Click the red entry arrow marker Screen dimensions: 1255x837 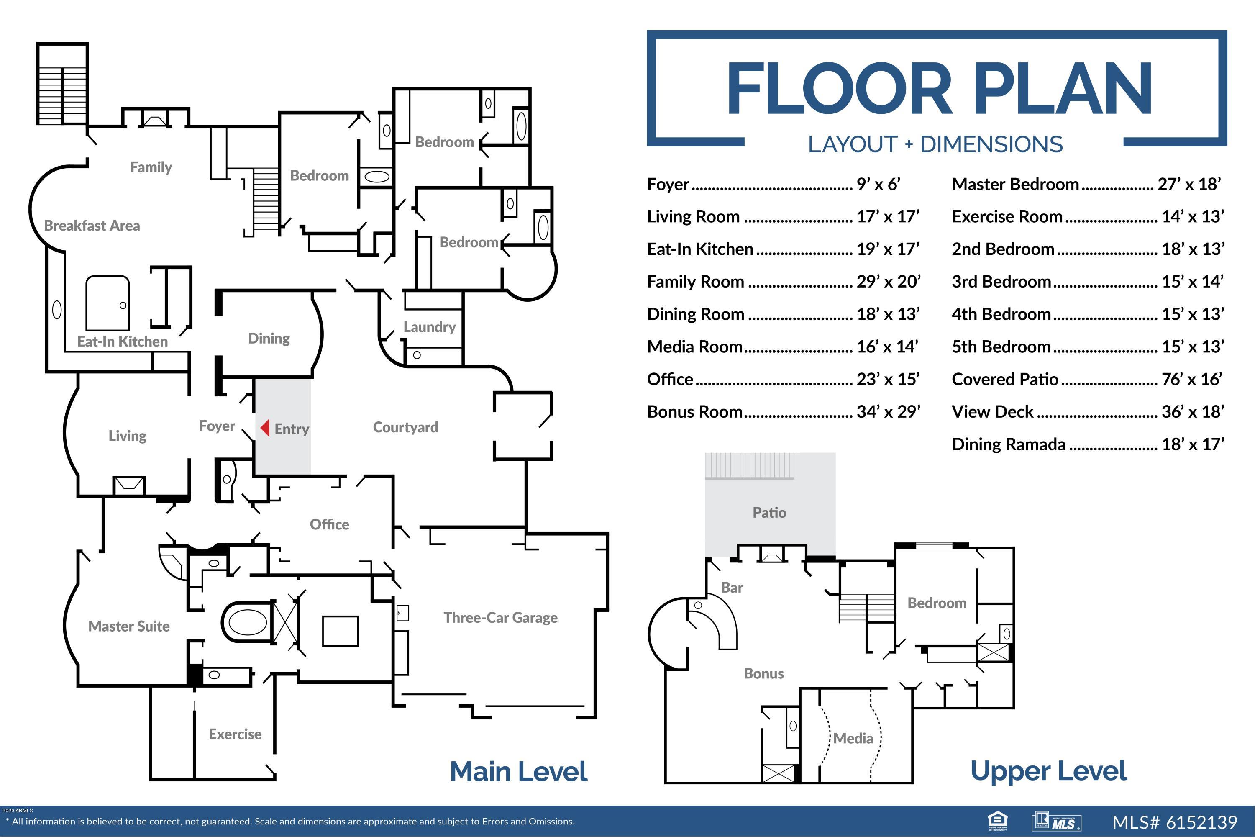pos(265,428)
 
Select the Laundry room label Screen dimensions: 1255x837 pos(430,327)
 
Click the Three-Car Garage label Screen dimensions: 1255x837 pos(500,618)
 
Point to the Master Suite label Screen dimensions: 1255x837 pos(129,626)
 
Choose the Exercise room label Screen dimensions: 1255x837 pos(235,734)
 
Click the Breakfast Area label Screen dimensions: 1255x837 pos(92,225)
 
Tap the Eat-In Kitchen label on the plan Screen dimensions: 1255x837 pos(122,341)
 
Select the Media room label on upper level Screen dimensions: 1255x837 pos(853,738)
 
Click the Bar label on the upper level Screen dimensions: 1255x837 pos(732,587)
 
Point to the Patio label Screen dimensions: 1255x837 pos(769,512)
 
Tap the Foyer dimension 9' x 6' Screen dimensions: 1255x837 pos(878,184)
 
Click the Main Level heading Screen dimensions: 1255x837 pos(519,771)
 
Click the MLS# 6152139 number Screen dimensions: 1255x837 pos(1174,822)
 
